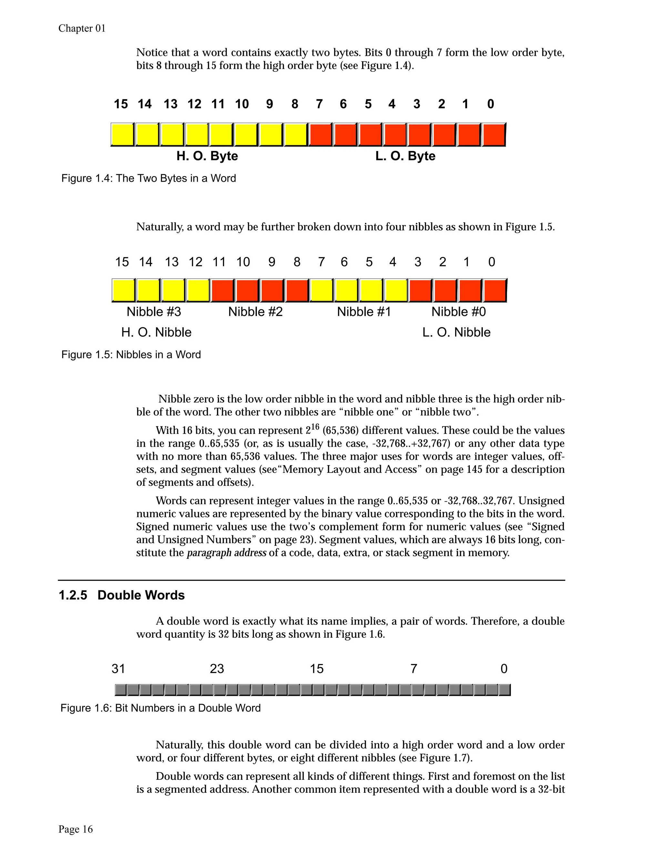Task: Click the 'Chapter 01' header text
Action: tap(82, 29)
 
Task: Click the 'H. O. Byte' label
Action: tap(207, 156)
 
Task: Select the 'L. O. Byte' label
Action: tap(405, 156)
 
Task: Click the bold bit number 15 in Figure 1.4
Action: tap(121, 104)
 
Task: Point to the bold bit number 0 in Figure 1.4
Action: tap(490, 104)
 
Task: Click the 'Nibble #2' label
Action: tap(255, 312)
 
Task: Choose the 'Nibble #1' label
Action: tap(364, 312)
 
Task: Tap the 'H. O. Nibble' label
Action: tap(156, 332)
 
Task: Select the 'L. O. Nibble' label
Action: tap(456, 332)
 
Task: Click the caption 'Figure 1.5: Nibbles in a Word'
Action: tap(131, 355)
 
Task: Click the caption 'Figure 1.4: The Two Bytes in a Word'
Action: tap(149, 179)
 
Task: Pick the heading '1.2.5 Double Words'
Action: tap(122, 595)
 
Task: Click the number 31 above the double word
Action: tap(118, 668)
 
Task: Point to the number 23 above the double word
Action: tap(217, 668)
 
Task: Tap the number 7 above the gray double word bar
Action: tap(413, 668)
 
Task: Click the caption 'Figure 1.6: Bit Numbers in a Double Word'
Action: tap(160, 708)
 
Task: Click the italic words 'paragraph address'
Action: tap(226, 553)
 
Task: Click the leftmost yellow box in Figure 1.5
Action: tap(124, 291)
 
